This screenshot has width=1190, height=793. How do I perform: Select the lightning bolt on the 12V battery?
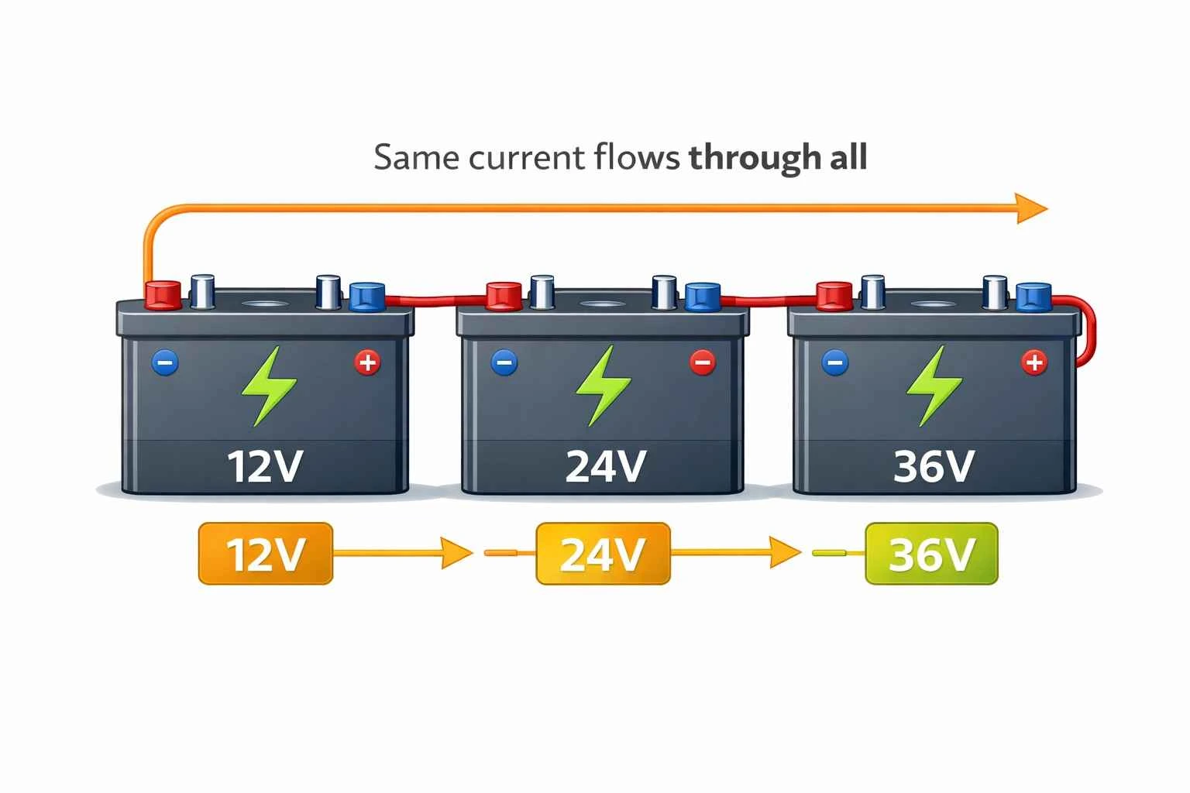point(268,386)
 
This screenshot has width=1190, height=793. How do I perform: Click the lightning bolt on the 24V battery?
point(603,386)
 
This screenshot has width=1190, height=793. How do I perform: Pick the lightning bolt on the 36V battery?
point(934,386)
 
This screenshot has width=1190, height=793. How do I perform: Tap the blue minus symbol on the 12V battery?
point(165,362)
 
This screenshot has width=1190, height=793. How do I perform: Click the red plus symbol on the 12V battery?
point(367,362)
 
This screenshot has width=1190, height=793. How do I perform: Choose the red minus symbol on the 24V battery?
point(703,362)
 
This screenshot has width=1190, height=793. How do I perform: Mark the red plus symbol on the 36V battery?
point(1034,362)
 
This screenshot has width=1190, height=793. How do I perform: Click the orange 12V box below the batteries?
point(266,554)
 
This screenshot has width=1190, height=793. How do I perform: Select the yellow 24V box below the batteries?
point(603,554)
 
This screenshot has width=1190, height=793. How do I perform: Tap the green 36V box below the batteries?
point(931,554)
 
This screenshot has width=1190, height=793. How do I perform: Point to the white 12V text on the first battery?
point(265,466)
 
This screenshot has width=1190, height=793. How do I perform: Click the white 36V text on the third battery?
point(933,466)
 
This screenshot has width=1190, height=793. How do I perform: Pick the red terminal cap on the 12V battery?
point(163,295)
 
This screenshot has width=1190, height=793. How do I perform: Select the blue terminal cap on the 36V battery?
point(1034,297)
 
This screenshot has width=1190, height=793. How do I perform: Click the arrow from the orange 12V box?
point(403,553)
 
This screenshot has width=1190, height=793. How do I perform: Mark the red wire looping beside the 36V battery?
point(1089,329)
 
